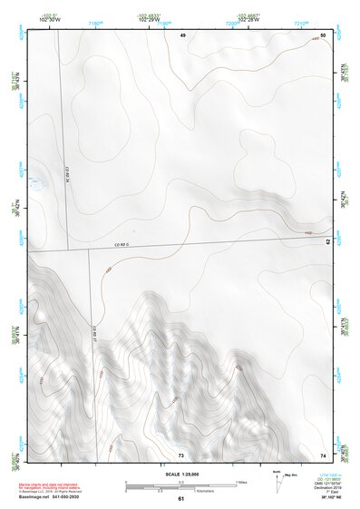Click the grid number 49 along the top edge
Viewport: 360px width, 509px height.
pyautogui.click(x=182, y=34)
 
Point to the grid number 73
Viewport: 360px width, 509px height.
pyautogui.click(x=180, y=454)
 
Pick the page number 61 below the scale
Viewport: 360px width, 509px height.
pyautogui.click(x=180, y=499)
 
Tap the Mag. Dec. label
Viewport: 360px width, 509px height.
pyautogui.click(x=293, y=475)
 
